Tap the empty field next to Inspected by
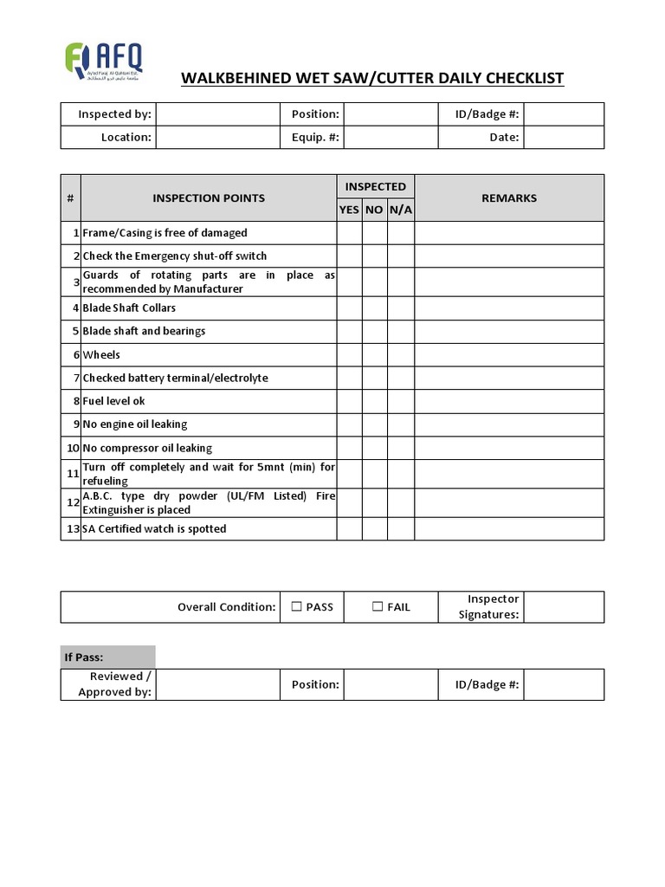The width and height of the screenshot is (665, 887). (217, 114)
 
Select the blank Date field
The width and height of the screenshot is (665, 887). (564, 137)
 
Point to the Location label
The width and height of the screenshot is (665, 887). (126, 137)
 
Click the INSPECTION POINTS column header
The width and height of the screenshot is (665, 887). (209, 198)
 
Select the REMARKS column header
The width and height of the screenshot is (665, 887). (509, 198)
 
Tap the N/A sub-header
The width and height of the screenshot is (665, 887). (401, 210)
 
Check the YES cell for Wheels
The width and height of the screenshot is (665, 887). (349, 354)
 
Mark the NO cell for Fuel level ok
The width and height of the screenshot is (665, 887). (374, 401)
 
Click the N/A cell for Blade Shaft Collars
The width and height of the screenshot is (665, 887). (401, 308)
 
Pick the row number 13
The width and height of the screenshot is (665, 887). (71, 529)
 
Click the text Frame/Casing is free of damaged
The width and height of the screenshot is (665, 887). (165, 233)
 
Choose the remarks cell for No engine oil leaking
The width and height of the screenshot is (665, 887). (509, 424)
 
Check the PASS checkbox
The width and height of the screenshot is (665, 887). (296, 607)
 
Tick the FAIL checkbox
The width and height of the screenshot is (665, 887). (378, 607)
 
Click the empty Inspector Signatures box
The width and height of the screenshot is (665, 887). (564, 607)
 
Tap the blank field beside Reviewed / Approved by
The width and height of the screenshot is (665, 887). (217, 684)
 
